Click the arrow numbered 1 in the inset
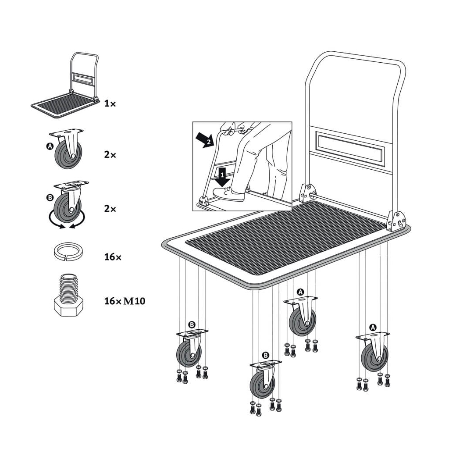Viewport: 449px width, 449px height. click(x=222, y=177)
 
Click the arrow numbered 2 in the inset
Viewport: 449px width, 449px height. click(x=205, y=140)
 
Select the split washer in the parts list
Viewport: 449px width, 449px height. click(x=67, y=251)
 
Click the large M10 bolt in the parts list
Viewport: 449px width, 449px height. click(x=68, y=295)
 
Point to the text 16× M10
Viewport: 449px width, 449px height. click(x=125, y=301)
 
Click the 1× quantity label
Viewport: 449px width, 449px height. click(x=110, y=103)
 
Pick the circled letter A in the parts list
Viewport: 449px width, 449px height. click(x=50, y=146)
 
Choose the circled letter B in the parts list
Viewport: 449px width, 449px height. click(x=50, y=198)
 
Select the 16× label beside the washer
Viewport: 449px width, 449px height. click(x=113, y=257)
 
